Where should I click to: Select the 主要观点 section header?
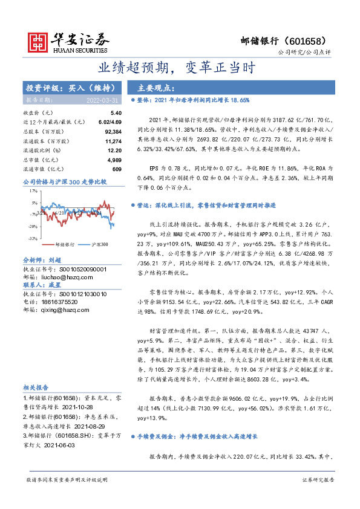coord(156,87)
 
